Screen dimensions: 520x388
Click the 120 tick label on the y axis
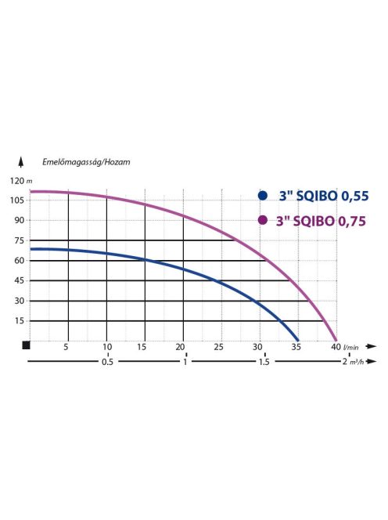point(16,180)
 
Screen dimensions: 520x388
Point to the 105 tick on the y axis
point(16,200)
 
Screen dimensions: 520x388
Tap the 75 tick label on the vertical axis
point(17,240)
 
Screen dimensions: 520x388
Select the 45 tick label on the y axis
point(17,280)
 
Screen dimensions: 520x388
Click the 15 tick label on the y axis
point(17,320)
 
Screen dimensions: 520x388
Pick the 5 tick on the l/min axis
point(66,347)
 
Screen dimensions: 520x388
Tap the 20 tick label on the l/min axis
point(181,347)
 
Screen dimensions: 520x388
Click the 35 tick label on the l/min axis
point(296,347)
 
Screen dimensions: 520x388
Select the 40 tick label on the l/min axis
point(334,347)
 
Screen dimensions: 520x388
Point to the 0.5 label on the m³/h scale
point(107,363)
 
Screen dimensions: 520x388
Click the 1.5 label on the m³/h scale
point(263,363)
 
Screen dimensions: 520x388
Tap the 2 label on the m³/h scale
point(343,363)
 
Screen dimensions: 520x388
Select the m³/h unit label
point(357,363)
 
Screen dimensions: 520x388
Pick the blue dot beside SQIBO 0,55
point(263,197)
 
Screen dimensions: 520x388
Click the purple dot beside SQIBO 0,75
point(263,220)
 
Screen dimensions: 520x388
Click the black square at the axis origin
point(26,345)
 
